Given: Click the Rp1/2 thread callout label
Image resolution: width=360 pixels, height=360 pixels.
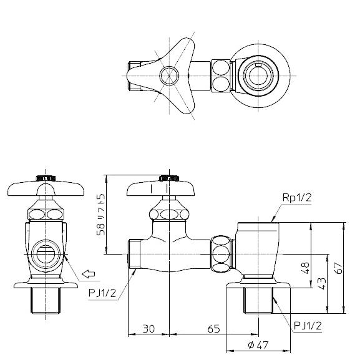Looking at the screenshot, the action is pyautogui.click(x=297, y=197).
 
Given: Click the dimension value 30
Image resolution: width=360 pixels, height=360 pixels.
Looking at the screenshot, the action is pyautogui.click(x=148, y=329).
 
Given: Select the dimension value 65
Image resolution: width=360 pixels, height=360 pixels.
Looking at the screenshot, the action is pyautogui.click(x=213, y=329).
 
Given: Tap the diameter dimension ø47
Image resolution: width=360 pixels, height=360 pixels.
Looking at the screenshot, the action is pyautogui.click(x=258, y=345).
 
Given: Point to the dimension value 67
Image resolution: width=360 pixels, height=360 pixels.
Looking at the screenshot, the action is pyautogui.click(x=339, y=268).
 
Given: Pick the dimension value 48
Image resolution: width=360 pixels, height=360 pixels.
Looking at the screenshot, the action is pyautogui.click(x=306, y=268).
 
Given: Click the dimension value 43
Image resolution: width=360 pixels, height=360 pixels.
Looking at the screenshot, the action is pyautogui.click(x=322, y=284).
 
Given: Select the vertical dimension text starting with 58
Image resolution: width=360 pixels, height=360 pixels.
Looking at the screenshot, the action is pyautogui.click(x=100, y=215).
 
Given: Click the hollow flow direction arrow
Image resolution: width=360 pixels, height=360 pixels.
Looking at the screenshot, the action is pyautogui.click(x=89, y=274).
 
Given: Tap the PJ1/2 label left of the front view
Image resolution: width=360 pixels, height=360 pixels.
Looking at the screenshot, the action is pyautogui.click(x=102, y=293).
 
